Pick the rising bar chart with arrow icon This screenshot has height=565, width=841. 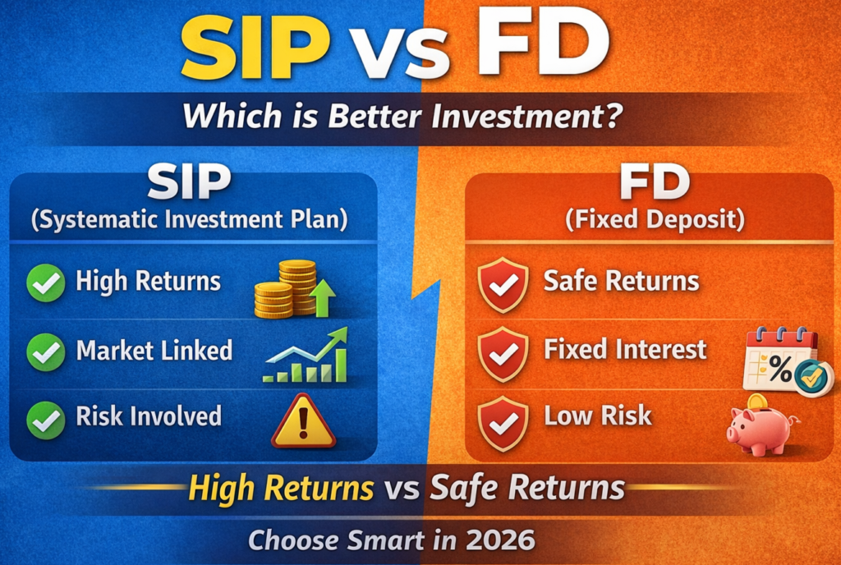tap(306, 356)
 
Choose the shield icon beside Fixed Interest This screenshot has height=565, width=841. tap(503, 352)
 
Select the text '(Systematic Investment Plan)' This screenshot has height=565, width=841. tap(193, 221)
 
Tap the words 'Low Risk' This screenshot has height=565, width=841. tap(598, 416)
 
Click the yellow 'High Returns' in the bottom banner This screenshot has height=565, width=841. tap(281, 489)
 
